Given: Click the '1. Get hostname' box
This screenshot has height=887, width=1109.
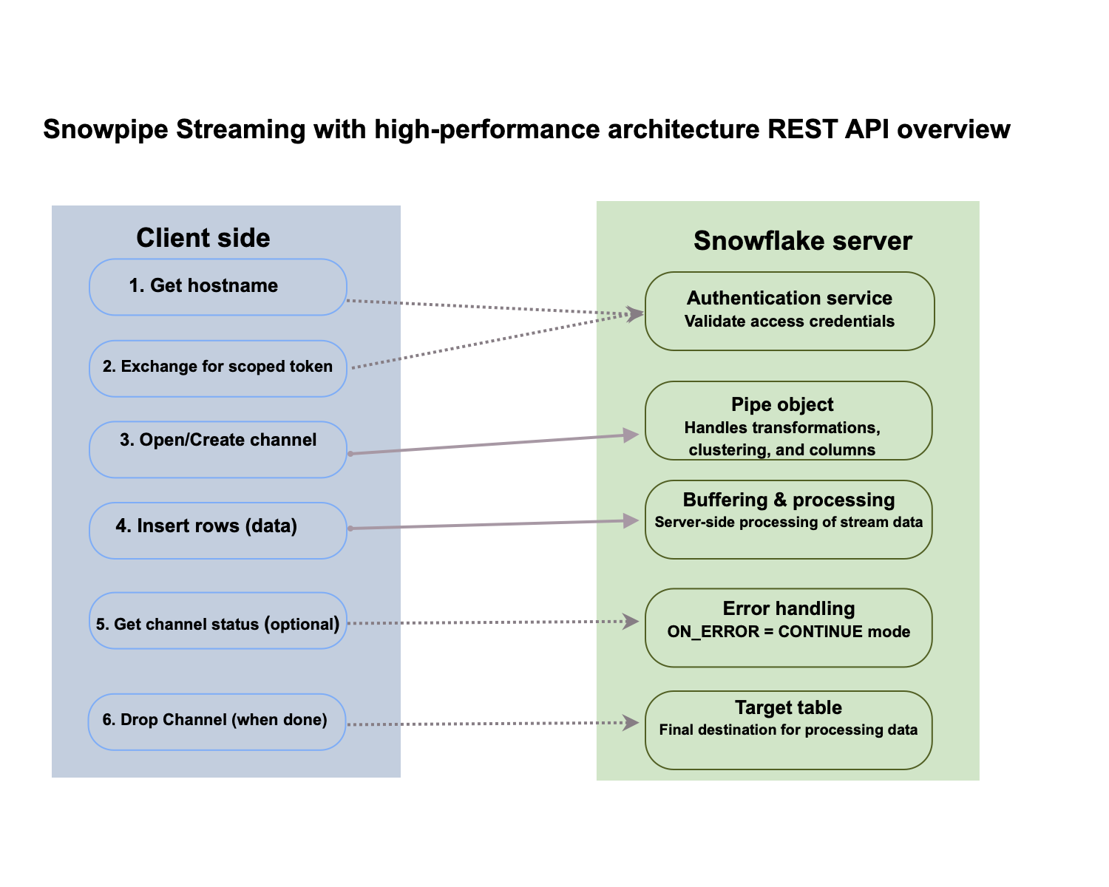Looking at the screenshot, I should point(217,287).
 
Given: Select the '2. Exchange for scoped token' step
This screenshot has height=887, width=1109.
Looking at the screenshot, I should point(217,368).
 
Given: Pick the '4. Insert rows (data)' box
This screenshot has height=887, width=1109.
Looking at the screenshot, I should point(217,531).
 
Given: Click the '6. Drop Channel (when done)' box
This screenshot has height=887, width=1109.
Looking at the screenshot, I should point(217,721).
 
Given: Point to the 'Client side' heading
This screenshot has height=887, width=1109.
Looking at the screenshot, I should point(203,238).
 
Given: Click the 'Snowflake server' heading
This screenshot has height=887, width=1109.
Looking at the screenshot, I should point(802,241).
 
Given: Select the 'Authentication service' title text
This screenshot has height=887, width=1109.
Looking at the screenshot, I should point(789,298).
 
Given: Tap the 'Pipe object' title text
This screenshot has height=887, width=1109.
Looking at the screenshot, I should point(782,404).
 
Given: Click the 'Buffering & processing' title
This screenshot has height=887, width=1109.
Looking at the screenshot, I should point(788,500).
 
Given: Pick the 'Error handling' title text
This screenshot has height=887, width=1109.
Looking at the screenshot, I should point(788,608).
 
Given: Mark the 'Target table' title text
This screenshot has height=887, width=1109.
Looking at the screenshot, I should point(788,707).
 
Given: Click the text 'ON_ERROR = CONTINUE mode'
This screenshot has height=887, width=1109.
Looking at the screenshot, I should point(788,632).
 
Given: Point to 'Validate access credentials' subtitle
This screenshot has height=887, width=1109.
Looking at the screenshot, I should point(789,322).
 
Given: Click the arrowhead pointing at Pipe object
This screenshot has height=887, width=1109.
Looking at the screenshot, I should point(631,435).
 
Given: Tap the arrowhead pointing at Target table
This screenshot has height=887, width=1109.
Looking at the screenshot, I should point(631,723).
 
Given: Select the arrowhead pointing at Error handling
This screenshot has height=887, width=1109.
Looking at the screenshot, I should point(631,622).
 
